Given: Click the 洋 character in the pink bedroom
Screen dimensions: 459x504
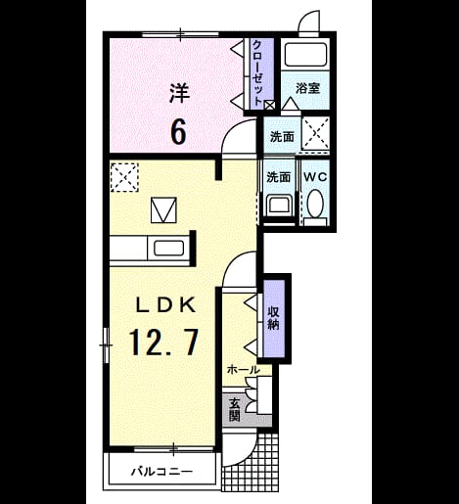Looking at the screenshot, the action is [179, 94].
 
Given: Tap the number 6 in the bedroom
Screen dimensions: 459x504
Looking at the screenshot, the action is [178, 132].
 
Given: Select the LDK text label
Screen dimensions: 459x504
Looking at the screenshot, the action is [165, 305].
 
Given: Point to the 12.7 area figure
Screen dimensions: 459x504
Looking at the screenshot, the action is [164, 342].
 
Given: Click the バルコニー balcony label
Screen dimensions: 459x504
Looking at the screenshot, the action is [161, 472].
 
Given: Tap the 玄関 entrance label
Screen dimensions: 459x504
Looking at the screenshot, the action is [235, 410].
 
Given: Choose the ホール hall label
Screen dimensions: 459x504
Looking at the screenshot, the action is [244, 370].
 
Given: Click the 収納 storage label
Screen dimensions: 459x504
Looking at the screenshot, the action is [273, 318].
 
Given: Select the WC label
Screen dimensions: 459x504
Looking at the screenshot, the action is [315, 177].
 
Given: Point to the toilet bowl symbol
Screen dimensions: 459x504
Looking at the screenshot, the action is [315, 203].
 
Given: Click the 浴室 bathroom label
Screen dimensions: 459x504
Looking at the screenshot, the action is [308, 88].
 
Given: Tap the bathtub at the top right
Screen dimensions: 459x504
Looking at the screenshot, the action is [305, 55].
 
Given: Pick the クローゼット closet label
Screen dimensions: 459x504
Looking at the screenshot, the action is [257, 72].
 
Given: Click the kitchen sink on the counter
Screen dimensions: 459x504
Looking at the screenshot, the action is [168, 249].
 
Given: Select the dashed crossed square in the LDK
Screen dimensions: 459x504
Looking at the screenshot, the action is [124, 177].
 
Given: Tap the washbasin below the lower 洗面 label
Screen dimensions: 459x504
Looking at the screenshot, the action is [279, 206].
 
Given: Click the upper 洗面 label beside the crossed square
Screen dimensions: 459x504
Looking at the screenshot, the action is [282, 137].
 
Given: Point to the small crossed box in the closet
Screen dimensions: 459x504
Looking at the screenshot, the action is [269, 105].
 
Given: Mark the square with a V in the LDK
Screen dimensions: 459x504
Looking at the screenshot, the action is [163, 210].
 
